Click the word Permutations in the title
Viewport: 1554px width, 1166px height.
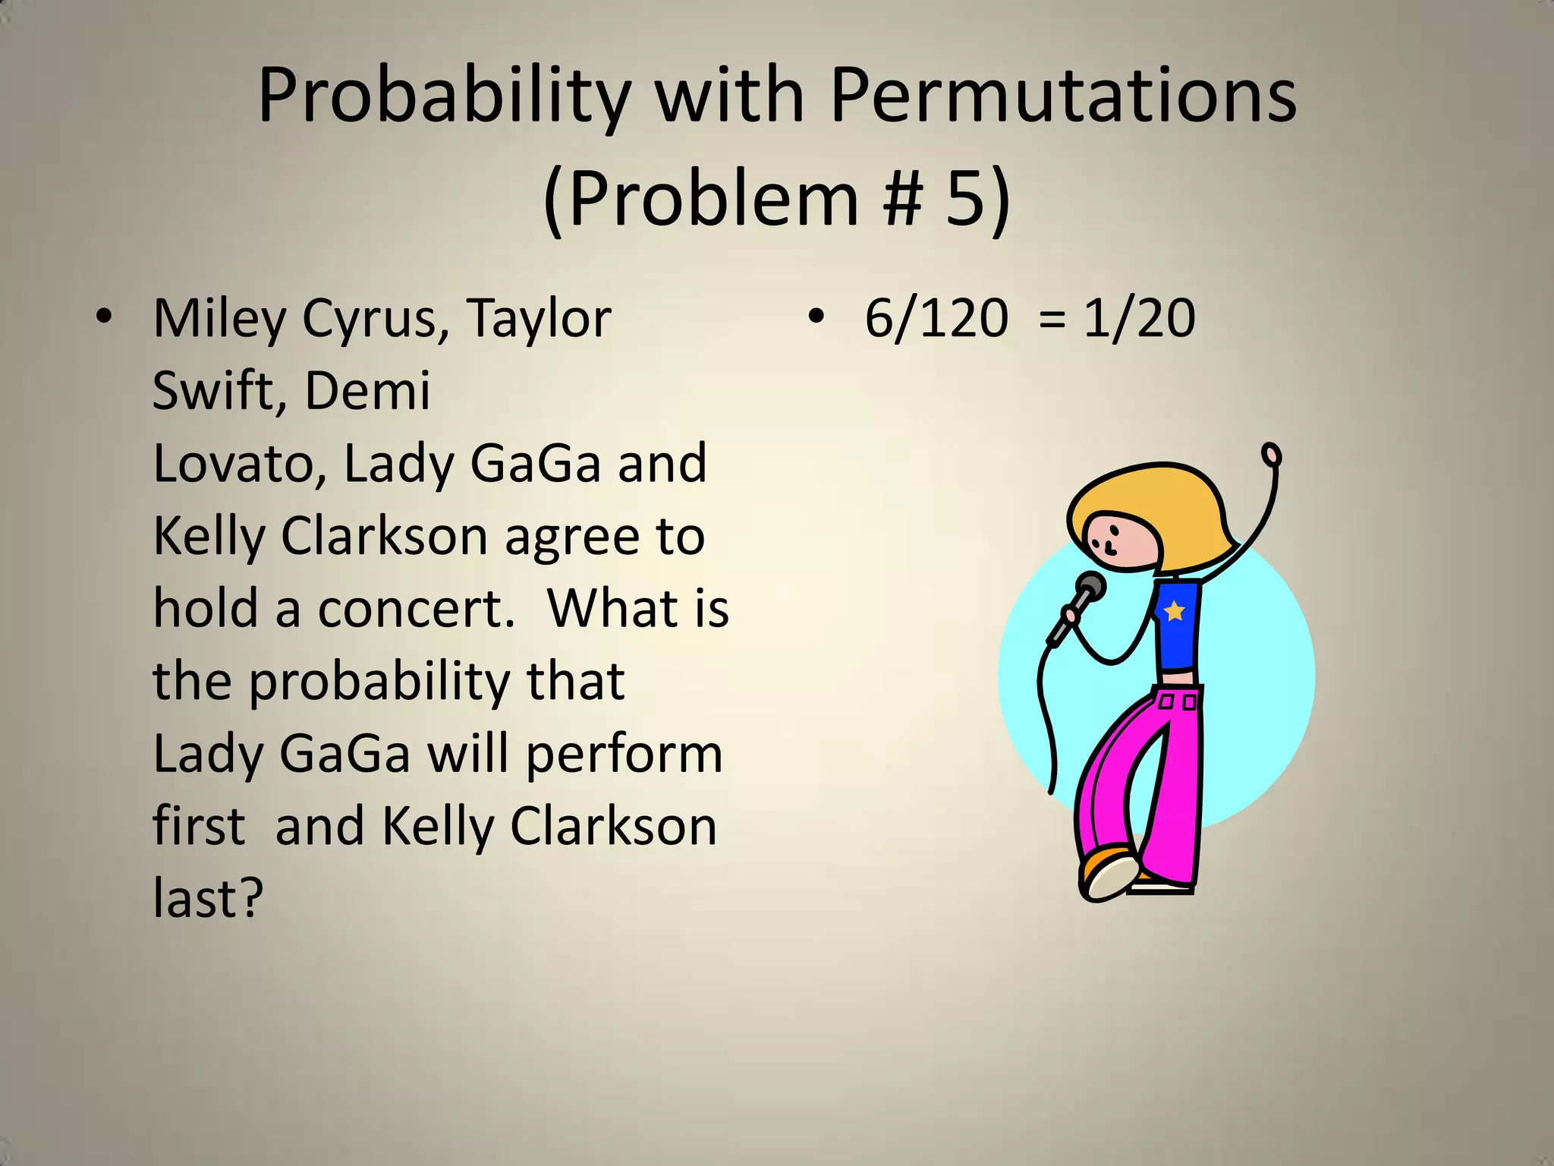click(1063, 96)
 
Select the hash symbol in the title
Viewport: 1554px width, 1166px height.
click(902, 199)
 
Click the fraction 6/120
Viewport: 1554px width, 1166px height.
click(936, 319)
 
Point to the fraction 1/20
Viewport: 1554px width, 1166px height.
click(1139, 319)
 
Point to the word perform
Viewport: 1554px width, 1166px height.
click(624, 755)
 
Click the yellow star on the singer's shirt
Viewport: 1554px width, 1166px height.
click(1174, 610)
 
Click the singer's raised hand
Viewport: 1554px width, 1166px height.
click(1271, 455)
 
